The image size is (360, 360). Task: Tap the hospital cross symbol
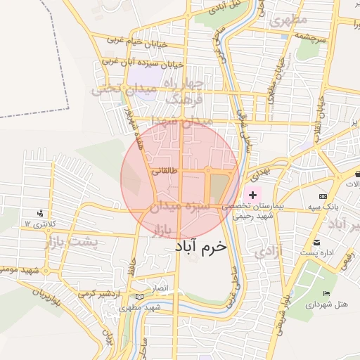pyautogui.click(x=253, y=193)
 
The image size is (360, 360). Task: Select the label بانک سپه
pyautogui.click(x=323, y=208)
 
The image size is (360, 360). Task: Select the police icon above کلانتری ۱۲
pyautogui.click(x=40, y=212)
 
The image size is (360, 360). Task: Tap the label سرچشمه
pyautogui.click(x=310, y=38)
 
